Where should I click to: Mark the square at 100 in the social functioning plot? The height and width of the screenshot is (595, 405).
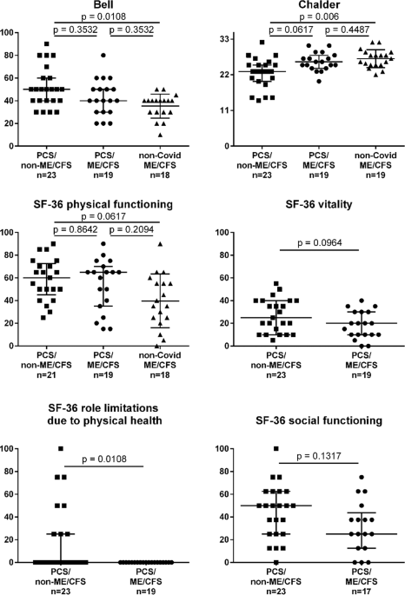[276, 449]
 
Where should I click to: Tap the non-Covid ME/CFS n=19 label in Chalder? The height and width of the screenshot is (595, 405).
[361, 174]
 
